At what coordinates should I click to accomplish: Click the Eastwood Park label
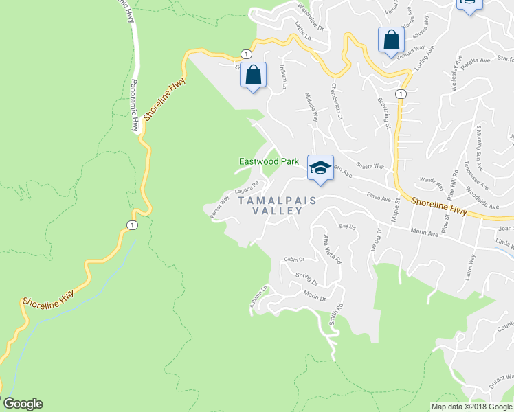268,161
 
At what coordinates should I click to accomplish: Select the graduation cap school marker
320,167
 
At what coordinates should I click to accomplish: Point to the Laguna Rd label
246,186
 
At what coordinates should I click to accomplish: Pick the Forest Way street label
221,206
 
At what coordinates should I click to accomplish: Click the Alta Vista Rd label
332,247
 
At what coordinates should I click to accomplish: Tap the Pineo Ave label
378,196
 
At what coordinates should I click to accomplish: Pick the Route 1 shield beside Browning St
401,93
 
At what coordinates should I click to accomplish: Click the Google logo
23,404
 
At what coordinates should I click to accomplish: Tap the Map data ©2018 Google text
471,407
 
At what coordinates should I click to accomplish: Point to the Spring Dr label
307,279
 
